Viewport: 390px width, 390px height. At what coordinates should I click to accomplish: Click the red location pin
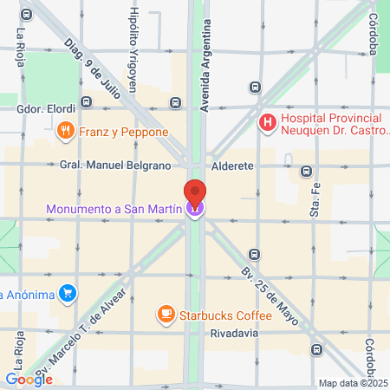(x=195, y=194)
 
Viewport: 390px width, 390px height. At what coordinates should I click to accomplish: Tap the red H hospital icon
(x=269, y=122)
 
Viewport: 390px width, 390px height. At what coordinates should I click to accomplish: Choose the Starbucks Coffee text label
(x=225, y=312)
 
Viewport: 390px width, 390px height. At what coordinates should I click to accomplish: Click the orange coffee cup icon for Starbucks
(x=165, y=312)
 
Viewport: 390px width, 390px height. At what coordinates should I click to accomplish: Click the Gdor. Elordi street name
(x=46, y=109)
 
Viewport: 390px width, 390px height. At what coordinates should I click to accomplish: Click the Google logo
(x=29, y=378)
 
